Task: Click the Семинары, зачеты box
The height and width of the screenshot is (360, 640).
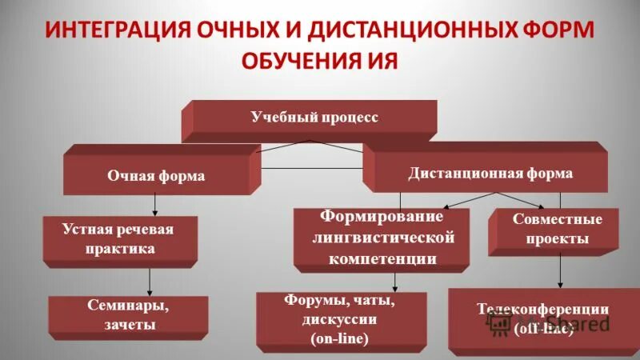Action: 128,315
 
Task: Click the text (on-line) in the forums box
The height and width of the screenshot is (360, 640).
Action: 339,339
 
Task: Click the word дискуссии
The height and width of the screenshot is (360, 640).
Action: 340,320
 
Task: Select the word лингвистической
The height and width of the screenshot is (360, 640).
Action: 383,238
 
